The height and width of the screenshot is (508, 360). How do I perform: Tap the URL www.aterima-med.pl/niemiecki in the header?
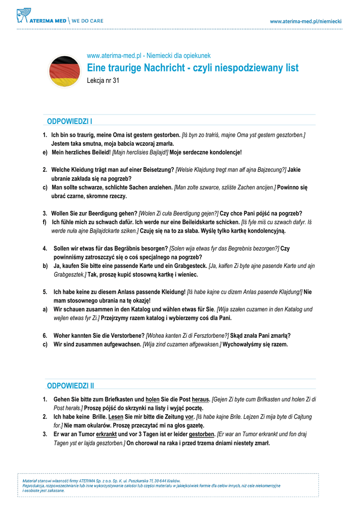tap(306, 21)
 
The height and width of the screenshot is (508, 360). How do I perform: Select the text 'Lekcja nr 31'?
tap(103, 80)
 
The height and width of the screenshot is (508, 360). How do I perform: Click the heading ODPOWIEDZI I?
tap(70, 121)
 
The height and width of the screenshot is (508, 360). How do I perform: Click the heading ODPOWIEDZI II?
tap(71, 385)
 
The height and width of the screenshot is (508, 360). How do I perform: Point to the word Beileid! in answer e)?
tap(100, 152)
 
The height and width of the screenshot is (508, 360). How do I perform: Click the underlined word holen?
tap(152, 399)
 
